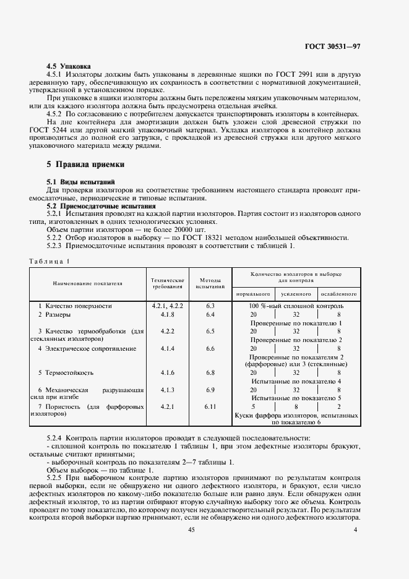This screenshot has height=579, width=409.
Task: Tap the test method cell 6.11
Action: click(x=210, y=406)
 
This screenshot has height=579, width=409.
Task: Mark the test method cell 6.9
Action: click(x=210, y=390)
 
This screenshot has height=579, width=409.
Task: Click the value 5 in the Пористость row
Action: click(x=252, y=407)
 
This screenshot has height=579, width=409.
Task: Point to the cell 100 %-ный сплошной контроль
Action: click(x=296, y=306)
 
